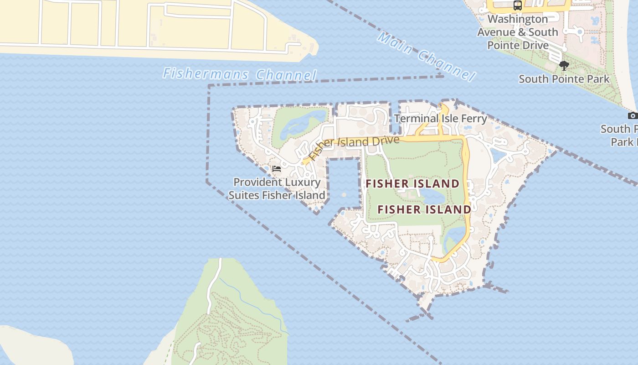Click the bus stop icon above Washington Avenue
coord(517,5)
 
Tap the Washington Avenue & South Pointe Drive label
coord(517,32)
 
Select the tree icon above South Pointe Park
coord(564,66)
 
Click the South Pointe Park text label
coord(564,79)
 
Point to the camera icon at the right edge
coord(632,115)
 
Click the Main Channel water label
coord(426,57)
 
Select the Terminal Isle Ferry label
coord(440,119)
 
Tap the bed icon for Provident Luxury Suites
coord(276,169)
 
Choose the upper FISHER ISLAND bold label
coord(413,184)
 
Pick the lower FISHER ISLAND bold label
coord(424,210)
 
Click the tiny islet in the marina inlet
coord(344,195)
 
